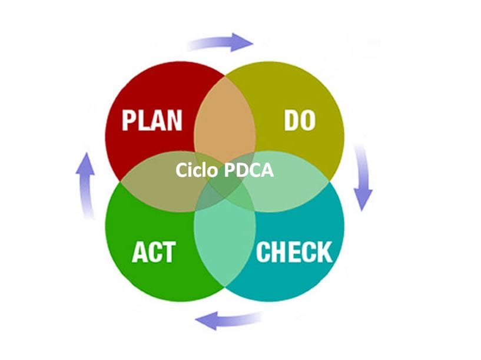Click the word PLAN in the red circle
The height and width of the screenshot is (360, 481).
(152, 120)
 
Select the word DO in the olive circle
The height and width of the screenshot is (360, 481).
(300, 120)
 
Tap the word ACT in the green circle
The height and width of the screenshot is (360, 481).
(153, 252)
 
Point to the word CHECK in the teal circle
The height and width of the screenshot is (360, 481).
(294, 252)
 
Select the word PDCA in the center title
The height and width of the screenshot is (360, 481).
(249, 170)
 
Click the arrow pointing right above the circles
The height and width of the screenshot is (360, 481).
(221, 42)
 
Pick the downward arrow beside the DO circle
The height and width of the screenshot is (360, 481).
(363, 177)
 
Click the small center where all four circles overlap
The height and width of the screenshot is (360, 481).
(225, 190)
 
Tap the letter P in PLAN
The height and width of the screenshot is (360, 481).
(130, 120)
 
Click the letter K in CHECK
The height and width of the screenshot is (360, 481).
(324, 252)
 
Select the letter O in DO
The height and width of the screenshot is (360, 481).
(307, 120)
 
